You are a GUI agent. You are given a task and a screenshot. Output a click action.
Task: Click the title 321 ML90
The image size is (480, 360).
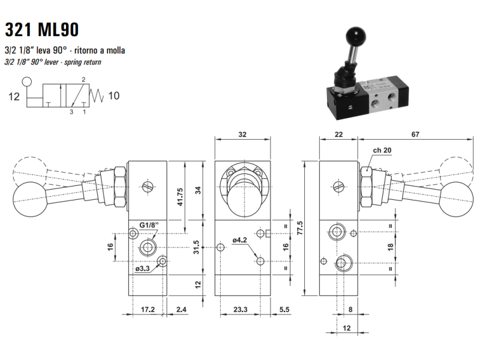coord(41,29)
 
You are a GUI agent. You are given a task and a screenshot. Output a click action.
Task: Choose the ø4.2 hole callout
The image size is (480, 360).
coord(241,242)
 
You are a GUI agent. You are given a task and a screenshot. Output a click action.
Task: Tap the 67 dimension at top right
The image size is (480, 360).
coord(415,136)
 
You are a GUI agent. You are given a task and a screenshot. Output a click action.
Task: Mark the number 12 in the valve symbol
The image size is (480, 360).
coord(15,96)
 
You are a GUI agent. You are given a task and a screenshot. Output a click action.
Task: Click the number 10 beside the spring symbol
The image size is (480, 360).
coord(115,96)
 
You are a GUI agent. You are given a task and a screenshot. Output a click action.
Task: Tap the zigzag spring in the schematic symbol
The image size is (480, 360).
coord(97,95)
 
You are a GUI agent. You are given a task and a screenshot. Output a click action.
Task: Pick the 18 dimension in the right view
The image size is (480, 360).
coord(390,247)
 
